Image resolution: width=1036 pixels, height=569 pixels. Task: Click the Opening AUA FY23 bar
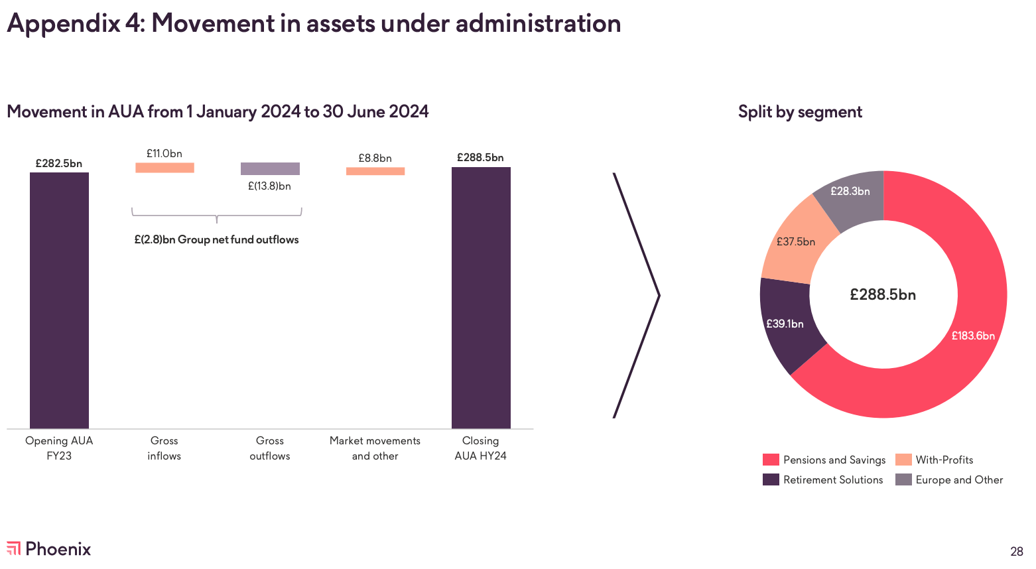[x=59, y=300]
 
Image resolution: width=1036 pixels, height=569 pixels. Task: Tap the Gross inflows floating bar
[x=164, y=168]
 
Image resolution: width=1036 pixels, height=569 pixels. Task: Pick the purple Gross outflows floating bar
[x=270, y=168]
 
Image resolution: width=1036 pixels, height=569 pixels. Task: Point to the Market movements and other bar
[x=375, y=171]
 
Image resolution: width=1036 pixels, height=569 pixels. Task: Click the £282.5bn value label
[x=59, y=163]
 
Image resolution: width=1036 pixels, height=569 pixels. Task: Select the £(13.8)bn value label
[x=269, y=186]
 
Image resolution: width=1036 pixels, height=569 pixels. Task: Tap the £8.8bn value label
[x=375, y=158]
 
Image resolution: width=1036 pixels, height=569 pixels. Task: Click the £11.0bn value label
[x=164, y=154]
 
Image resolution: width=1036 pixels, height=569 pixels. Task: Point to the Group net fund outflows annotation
[x=216, y=239]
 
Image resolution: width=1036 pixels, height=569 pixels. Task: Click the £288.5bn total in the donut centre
[x=883, y=294]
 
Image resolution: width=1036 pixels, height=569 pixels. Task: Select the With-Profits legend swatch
[x=903, y=460]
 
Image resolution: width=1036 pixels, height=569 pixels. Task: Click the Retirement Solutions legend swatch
[x=771, y=479]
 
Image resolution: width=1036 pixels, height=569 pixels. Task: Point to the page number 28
[x=1017, y=551]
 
